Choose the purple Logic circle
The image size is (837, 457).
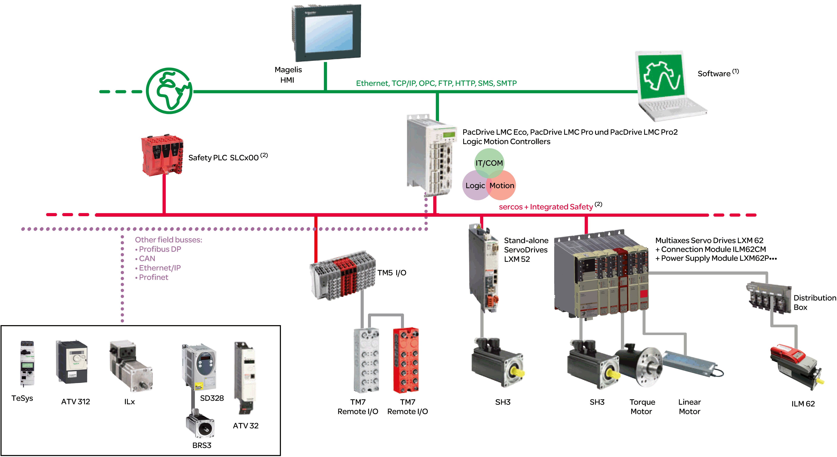(x=475, y=186)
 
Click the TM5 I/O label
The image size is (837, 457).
(x=391, y=273)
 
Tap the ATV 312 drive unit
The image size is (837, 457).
(x=72, y=362)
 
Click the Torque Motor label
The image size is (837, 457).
(x=642, y=407)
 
